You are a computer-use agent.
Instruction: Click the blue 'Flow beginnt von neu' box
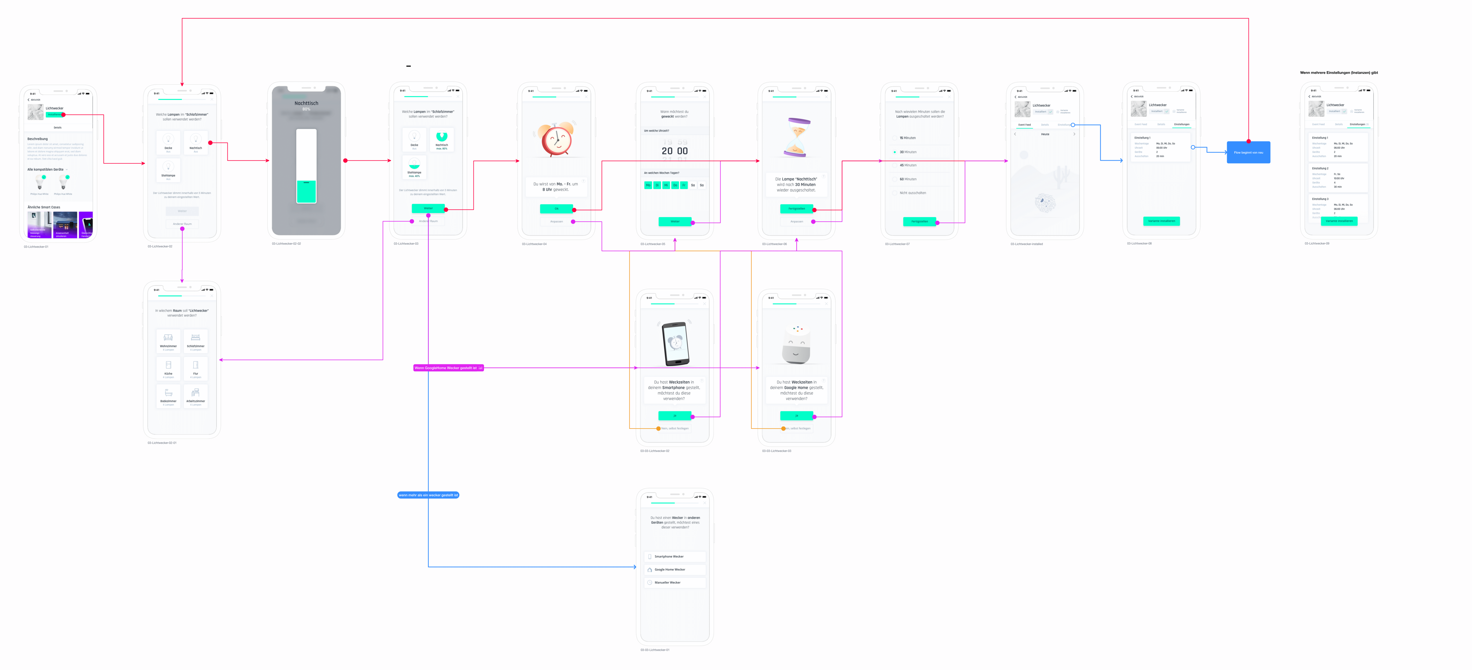(x=1248, y=152)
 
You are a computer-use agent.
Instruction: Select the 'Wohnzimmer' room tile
(x=168, y=341)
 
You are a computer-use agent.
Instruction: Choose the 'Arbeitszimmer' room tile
(x=195, y=396)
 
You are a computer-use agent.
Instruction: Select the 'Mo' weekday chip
(x=648, y=185)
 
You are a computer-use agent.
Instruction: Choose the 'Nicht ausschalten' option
(x=913, y=193)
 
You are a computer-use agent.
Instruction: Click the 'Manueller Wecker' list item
(x=667, y=583)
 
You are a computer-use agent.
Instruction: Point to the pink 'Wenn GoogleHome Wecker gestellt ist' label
(x=448, y=368)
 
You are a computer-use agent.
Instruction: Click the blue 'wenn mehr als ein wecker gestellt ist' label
(x=428, y=495)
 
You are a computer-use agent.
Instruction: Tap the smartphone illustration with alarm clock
(x=675, y=343)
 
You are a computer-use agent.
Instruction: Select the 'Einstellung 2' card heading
(x=1320, y=169)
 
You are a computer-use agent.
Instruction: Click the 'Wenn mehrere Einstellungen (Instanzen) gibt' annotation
(x=1338, y=73)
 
